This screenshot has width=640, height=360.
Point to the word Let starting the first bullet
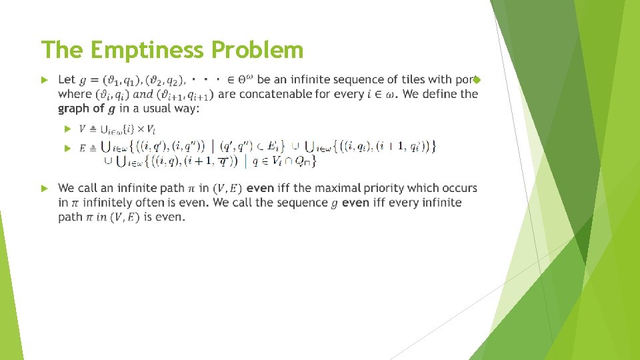click(67, 80)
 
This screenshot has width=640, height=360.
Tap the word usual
click(156, 109)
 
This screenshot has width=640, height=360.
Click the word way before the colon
click(186, 109)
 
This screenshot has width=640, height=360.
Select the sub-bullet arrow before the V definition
click(67, 128)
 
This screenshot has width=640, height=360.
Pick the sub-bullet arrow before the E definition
click(67, 148)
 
